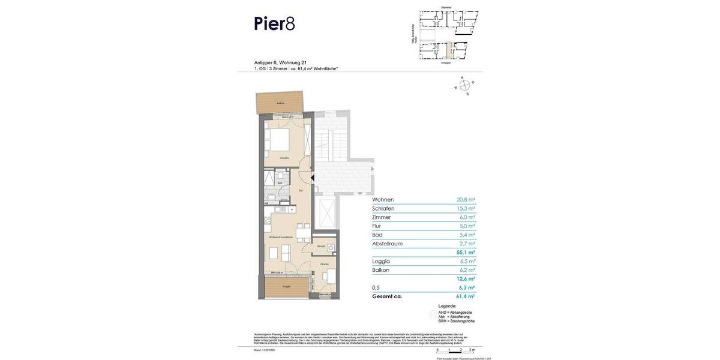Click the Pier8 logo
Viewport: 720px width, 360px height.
click(274, 23)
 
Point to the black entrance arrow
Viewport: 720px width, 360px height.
click(312, 178)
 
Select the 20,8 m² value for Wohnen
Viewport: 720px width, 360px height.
click(466, 200)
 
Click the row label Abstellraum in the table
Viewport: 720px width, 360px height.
click(387, 244)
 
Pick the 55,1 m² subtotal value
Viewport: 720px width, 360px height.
click(466, 253)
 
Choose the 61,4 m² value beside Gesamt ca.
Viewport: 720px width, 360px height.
click(465, 296)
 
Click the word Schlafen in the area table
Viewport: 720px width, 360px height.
click(383, 209)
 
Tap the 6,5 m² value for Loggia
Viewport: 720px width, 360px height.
click(467, 262)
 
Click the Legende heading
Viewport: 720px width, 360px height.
click(447, 306)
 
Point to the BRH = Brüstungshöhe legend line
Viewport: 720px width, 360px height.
click(456, 321)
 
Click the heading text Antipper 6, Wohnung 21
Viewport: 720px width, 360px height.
click(280, 62)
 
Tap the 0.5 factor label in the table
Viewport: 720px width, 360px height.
click(376, 287)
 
